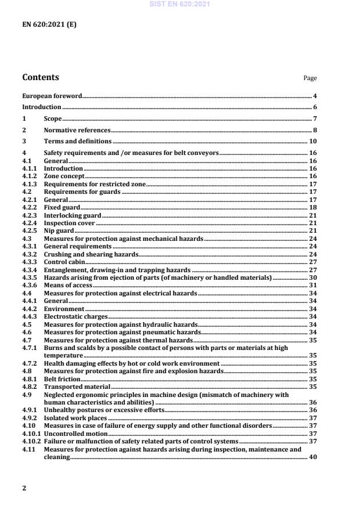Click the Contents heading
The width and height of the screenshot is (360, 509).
40,77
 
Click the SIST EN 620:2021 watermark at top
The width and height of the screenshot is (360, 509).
179,4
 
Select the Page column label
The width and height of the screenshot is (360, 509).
310,78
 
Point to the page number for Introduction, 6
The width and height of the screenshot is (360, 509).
315,107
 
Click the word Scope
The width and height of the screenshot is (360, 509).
53,119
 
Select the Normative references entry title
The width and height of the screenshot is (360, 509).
77,131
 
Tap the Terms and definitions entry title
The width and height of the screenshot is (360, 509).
78,142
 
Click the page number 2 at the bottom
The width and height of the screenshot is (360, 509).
24,488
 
